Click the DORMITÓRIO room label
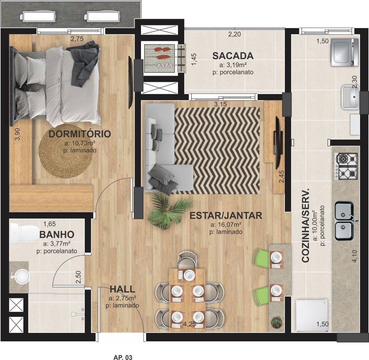80,134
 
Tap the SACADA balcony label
233,55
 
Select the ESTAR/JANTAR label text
226,215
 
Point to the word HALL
122,289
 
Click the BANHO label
57,234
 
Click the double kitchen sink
344,221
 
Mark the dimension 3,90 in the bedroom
18,134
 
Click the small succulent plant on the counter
277,321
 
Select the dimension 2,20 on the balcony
234,35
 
